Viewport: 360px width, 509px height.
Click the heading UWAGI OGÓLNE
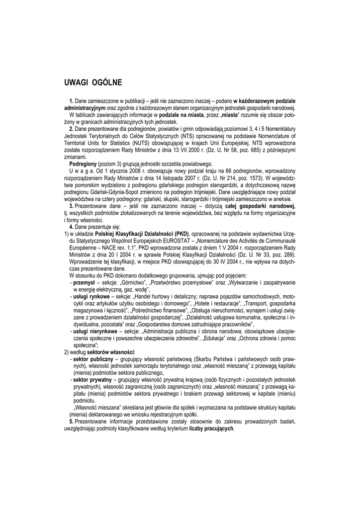click(x=93, y=82)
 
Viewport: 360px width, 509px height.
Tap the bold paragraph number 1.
click(x=72, y=101)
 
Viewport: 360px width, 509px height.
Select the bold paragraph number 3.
click(x=72, y=206)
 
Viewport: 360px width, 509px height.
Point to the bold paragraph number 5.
click(x=72, y=422)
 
